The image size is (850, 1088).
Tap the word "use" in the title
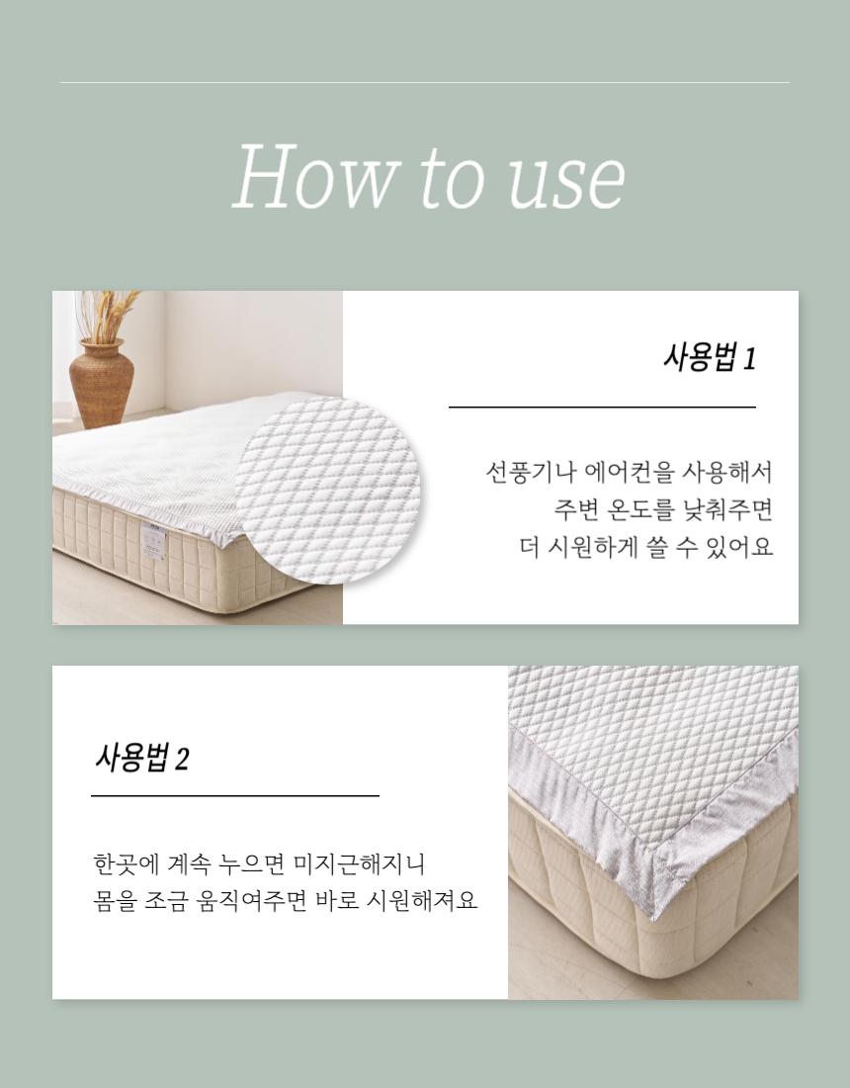(x=566, y=183)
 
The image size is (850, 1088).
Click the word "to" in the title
(x=451, y=178)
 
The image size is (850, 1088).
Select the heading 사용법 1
(x=710, y=357)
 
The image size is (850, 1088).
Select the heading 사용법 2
(x=141, y=757)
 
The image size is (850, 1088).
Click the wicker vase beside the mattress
(x=101, y=383)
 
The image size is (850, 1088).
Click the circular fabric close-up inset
(x=328, y=489)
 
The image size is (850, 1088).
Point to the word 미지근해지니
(x=359, y=863)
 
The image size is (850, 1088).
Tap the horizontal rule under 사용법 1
(x=603, y=408)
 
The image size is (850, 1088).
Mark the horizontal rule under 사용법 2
(x=235, y=796)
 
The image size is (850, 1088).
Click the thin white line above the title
(x=425, y=82)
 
